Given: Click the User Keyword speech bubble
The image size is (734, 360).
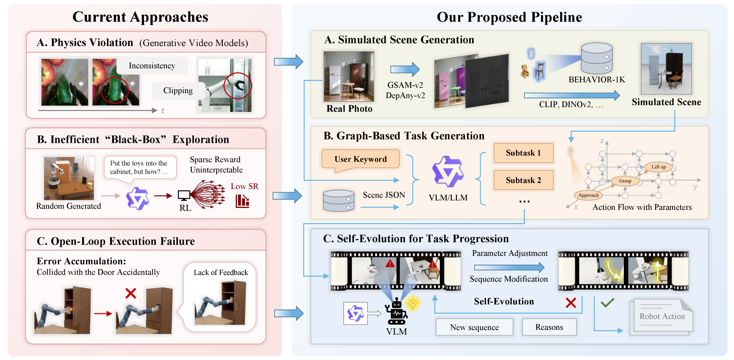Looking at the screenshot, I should [x=361, y=159].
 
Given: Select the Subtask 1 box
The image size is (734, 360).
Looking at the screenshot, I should [x=523, y=153].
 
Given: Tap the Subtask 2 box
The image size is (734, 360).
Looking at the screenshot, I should [x=523, y=180].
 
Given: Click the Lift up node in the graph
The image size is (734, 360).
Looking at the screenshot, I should [x=659, y=167].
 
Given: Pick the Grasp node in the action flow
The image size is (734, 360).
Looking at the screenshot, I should [x=625, y=181].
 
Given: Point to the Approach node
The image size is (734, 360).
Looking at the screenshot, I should [x=588, y=195].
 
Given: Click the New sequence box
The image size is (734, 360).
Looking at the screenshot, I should [x=474, y=327].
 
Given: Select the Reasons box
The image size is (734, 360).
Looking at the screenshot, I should [x=549, y=327].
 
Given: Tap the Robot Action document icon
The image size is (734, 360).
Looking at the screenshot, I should [x=662, y=316].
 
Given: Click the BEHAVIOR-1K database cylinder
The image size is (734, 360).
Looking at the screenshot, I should [x=597, y=59].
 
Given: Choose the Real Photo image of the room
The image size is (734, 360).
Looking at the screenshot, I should [x=349, y=76].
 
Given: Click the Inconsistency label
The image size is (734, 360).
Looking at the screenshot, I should [x=152, y=66].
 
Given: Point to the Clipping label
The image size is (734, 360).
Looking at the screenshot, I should [x=178, y=91].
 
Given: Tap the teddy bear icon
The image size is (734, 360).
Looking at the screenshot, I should [x=525, y=71].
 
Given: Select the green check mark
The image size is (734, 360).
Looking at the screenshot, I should [x=607, y=303].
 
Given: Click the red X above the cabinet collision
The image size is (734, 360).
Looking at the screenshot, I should [x=131, y=293].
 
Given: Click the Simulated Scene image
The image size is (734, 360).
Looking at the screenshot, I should [x=666, y=69].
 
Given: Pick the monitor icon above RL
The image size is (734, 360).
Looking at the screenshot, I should [x=184, y=195].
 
